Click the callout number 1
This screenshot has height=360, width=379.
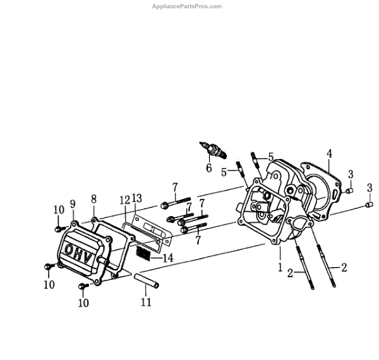[279, 268]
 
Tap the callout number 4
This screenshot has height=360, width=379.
[329, 153]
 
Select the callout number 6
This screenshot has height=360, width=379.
[208, 168]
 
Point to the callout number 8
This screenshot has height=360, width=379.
[93, 198]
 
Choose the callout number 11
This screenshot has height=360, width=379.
[147, 303]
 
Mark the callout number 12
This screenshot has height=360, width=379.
[124, 200]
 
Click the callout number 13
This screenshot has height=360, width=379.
[137, 199]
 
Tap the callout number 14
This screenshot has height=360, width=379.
[167, 258]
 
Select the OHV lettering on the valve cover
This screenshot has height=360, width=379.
[80, 251]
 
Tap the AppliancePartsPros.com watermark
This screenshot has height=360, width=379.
[188, 6]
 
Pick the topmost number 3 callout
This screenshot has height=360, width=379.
[351, 174]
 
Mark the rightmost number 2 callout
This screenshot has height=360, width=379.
[344, 267]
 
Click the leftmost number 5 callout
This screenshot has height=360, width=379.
[224, 171]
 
